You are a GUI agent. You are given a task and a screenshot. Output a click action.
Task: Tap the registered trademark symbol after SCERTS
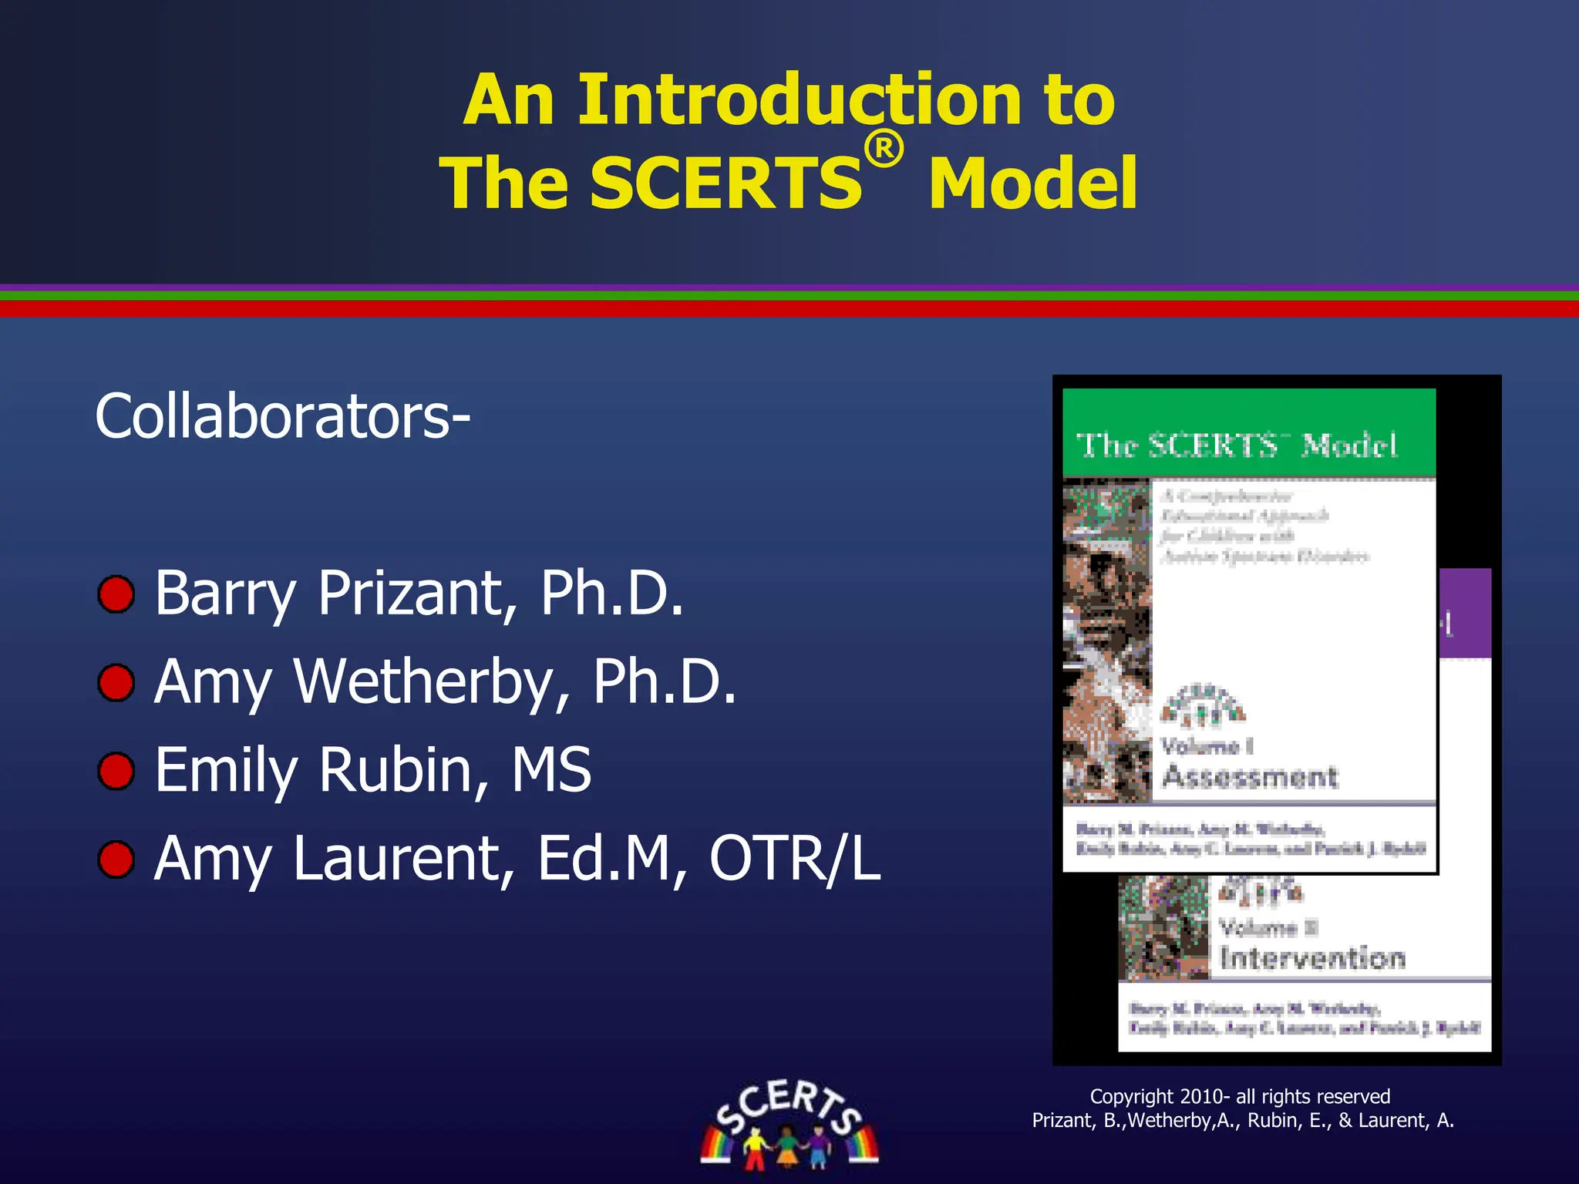pos(884,149)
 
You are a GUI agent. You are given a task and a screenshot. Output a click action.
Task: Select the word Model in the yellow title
pos(1033,183)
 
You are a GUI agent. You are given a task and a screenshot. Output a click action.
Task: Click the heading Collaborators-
pos(282,416)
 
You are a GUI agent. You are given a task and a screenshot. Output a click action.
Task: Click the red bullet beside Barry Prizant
pos(116,594)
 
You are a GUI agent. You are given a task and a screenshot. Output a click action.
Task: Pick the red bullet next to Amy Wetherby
pos(116,683)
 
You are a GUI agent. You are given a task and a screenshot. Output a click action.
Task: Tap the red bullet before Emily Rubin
pos(116,772)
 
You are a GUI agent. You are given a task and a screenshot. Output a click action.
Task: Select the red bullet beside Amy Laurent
pos(116,860)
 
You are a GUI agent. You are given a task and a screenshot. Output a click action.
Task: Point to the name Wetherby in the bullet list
pos(432,682)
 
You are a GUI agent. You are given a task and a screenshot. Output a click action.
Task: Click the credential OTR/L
pos(794,859)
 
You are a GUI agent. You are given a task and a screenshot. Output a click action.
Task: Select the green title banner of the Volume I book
pos(1249,433)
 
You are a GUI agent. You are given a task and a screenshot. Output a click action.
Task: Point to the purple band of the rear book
pos(1465,613)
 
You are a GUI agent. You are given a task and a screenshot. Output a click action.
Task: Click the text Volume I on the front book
pos(1207,746)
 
